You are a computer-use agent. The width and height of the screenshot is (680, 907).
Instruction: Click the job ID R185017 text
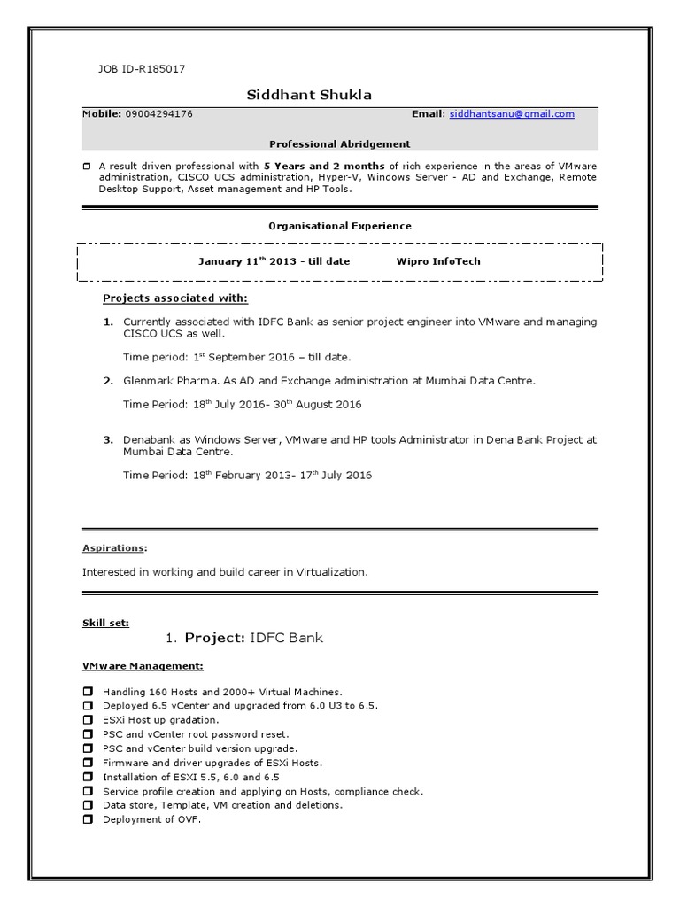(141, 69)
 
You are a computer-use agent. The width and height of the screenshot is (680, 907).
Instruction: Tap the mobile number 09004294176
(159, 114)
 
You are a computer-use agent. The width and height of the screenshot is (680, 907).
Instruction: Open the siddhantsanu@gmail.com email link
(512, 114)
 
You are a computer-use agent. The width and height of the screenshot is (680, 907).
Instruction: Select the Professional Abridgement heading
(339, 143)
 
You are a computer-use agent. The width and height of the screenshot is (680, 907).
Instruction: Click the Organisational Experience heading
(339, 226)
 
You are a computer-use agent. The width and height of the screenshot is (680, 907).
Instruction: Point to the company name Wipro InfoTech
(438, 261)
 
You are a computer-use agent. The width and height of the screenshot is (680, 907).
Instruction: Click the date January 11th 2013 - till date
(274, 261)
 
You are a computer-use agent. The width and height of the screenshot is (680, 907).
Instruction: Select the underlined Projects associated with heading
(175, 298)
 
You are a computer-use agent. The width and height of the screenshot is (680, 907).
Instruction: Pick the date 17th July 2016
(335, 476)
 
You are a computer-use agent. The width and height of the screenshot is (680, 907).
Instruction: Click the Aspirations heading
(114, 548)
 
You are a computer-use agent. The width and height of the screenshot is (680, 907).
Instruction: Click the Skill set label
(105, 623)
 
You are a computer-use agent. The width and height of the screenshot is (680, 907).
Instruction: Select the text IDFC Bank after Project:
(287, 638)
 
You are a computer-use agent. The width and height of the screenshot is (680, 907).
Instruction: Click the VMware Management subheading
(143, 665)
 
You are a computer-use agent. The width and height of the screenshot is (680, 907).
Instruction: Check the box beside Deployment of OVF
(88, 819)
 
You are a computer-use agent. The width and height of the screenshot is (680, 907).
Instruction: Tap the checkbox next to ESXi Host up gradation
(88, 720)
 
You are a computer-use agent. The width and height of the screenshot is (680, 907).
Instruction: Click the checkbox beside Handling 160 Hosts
(88, 692)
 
